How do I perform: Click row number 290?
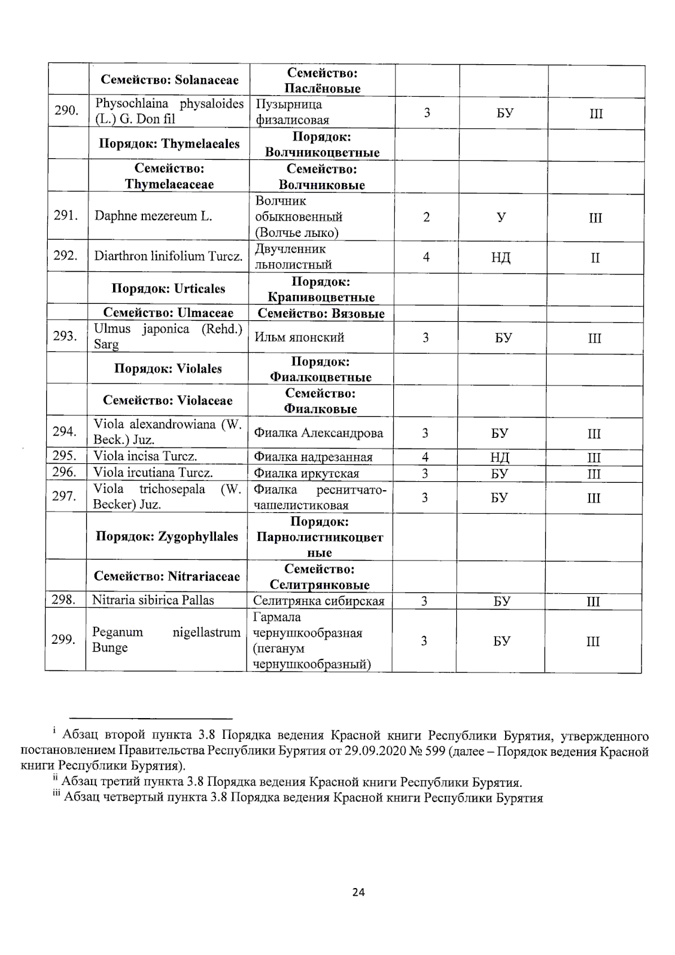(66, 110)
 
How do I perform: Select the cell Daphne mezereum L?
(153, 216)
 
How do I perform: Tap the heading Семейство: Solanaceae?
(169, 80)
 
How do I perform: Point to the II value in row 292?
(595, 258)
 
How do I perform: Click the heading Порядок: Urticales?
(168, 289)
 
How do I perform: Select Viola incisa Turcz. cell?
(145, 456)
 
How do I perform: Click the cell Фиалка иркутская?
(307, 473)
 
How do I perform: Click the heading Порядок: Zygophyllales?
(167, 537)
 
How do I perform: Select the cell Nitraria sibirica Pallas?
(153, 600)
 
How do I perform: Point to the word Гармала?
(277, 617)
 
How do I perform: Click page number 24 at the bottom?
(358, 893)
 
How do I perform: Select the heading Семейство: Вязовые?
(321, 314)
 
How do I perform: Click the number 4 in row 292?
(426, 257)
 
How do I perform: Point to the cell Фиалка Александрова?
(318, 433)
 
